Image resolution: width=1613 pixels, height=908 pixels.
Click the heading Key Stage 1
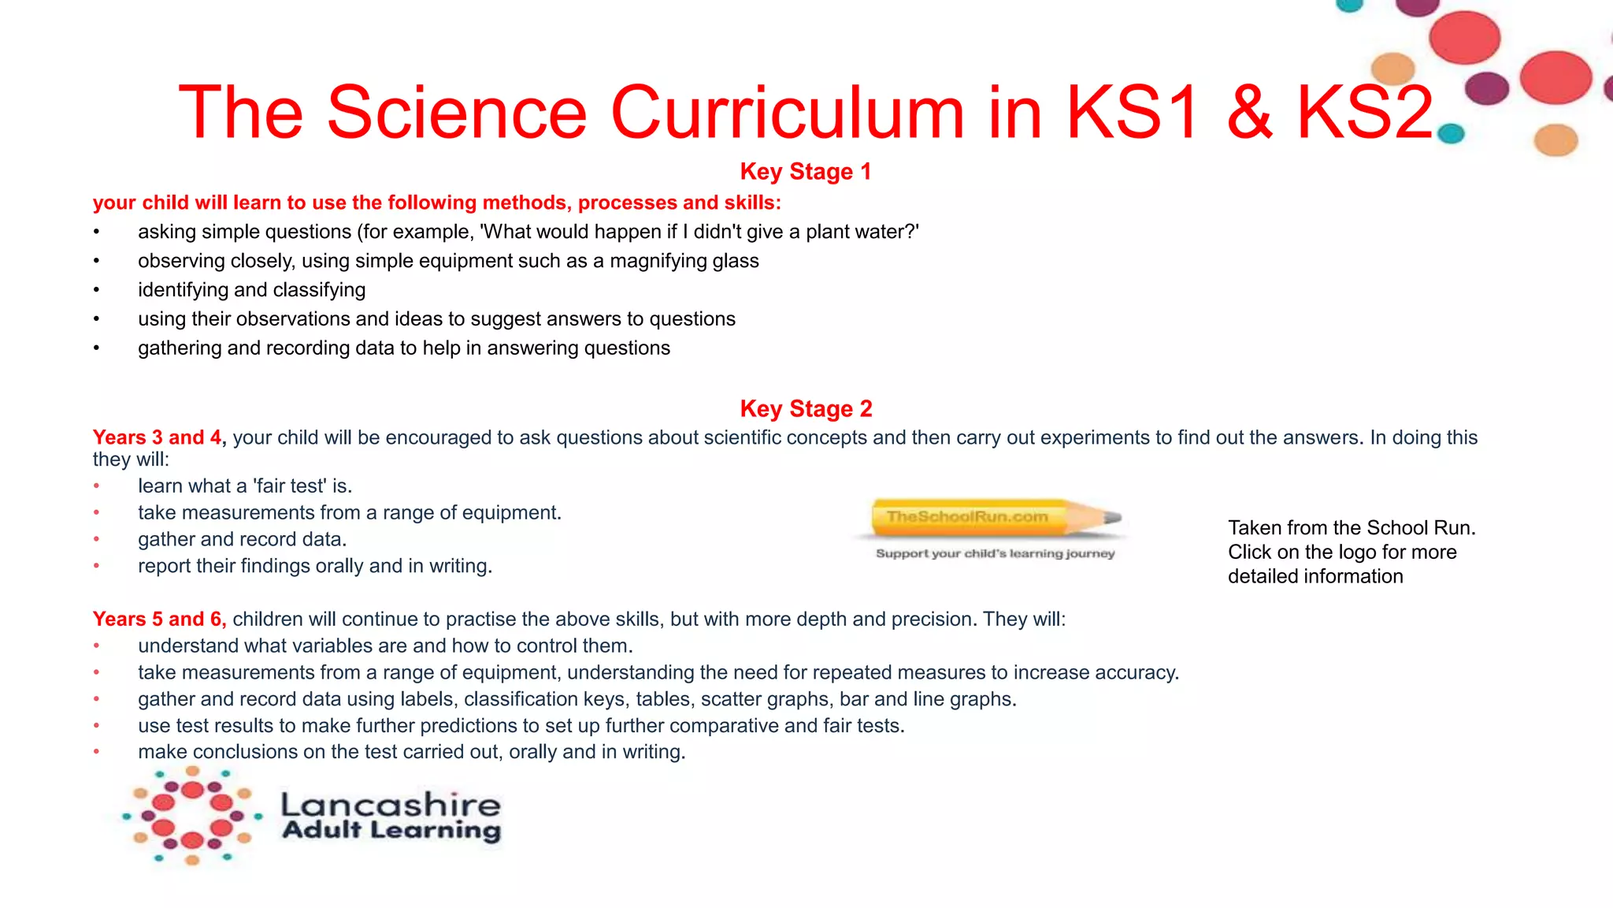805,171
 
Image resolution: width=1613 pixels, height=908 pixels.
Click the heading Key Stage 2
806,408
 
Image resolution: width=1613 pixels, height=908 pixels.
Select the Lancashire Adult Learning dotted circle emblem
191,816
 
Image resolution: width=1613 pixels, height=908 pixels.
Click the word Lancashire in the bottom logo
390,804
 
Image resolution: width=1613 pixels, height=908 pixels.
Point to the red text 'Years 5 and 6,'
159,619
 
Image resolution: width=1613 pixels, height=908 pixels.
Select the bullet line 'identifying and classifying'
251,290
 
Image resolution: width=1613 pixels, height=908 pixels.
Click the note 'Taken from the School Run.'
1351,527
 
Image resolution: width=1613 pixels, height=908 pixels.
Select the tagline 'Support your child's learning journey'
995,553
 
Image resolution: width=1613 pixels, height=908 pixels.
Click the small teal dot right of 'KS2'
1450,134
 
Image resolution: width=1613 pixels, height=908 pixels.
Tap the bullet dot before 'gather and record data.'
96,539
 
